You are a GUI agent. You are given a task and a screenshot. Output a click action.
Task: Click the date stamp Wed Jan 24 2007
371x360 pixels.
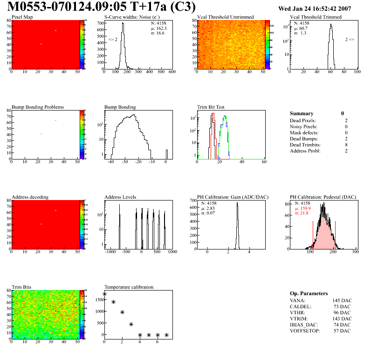[314, 8]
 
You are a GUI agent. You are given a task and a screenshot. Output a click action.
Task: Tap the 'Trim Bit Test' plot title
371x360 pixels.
[211, 107]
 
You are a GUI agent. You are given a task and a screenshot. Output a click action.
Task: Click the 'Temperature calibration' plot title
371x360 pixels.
[129, 287]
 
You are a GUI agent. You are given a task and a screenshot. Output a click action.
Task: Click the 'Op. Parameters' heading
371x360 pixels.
[309, 293]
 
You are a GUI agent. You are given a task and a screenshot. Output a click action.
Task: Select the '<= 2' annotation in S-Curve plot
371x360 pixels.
[113, 40]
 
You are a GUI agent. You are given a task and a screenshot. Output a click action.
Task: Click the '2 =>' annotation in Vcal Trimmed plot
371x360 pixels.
[350, 40]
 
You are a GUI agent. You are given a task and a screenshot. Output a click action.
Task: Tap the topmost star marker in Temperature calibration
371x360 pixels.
[104, 294]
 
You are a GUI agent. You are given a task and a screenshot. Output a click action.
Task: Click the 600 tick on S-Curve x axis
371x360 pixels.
[172, 72]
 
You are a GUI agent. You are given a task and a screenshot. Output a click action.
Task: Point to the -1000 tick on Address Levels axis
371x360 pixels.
[110, 252]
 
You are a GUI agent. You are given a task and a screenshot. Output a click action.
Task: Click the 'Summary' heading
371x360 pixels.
[302, 113]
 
